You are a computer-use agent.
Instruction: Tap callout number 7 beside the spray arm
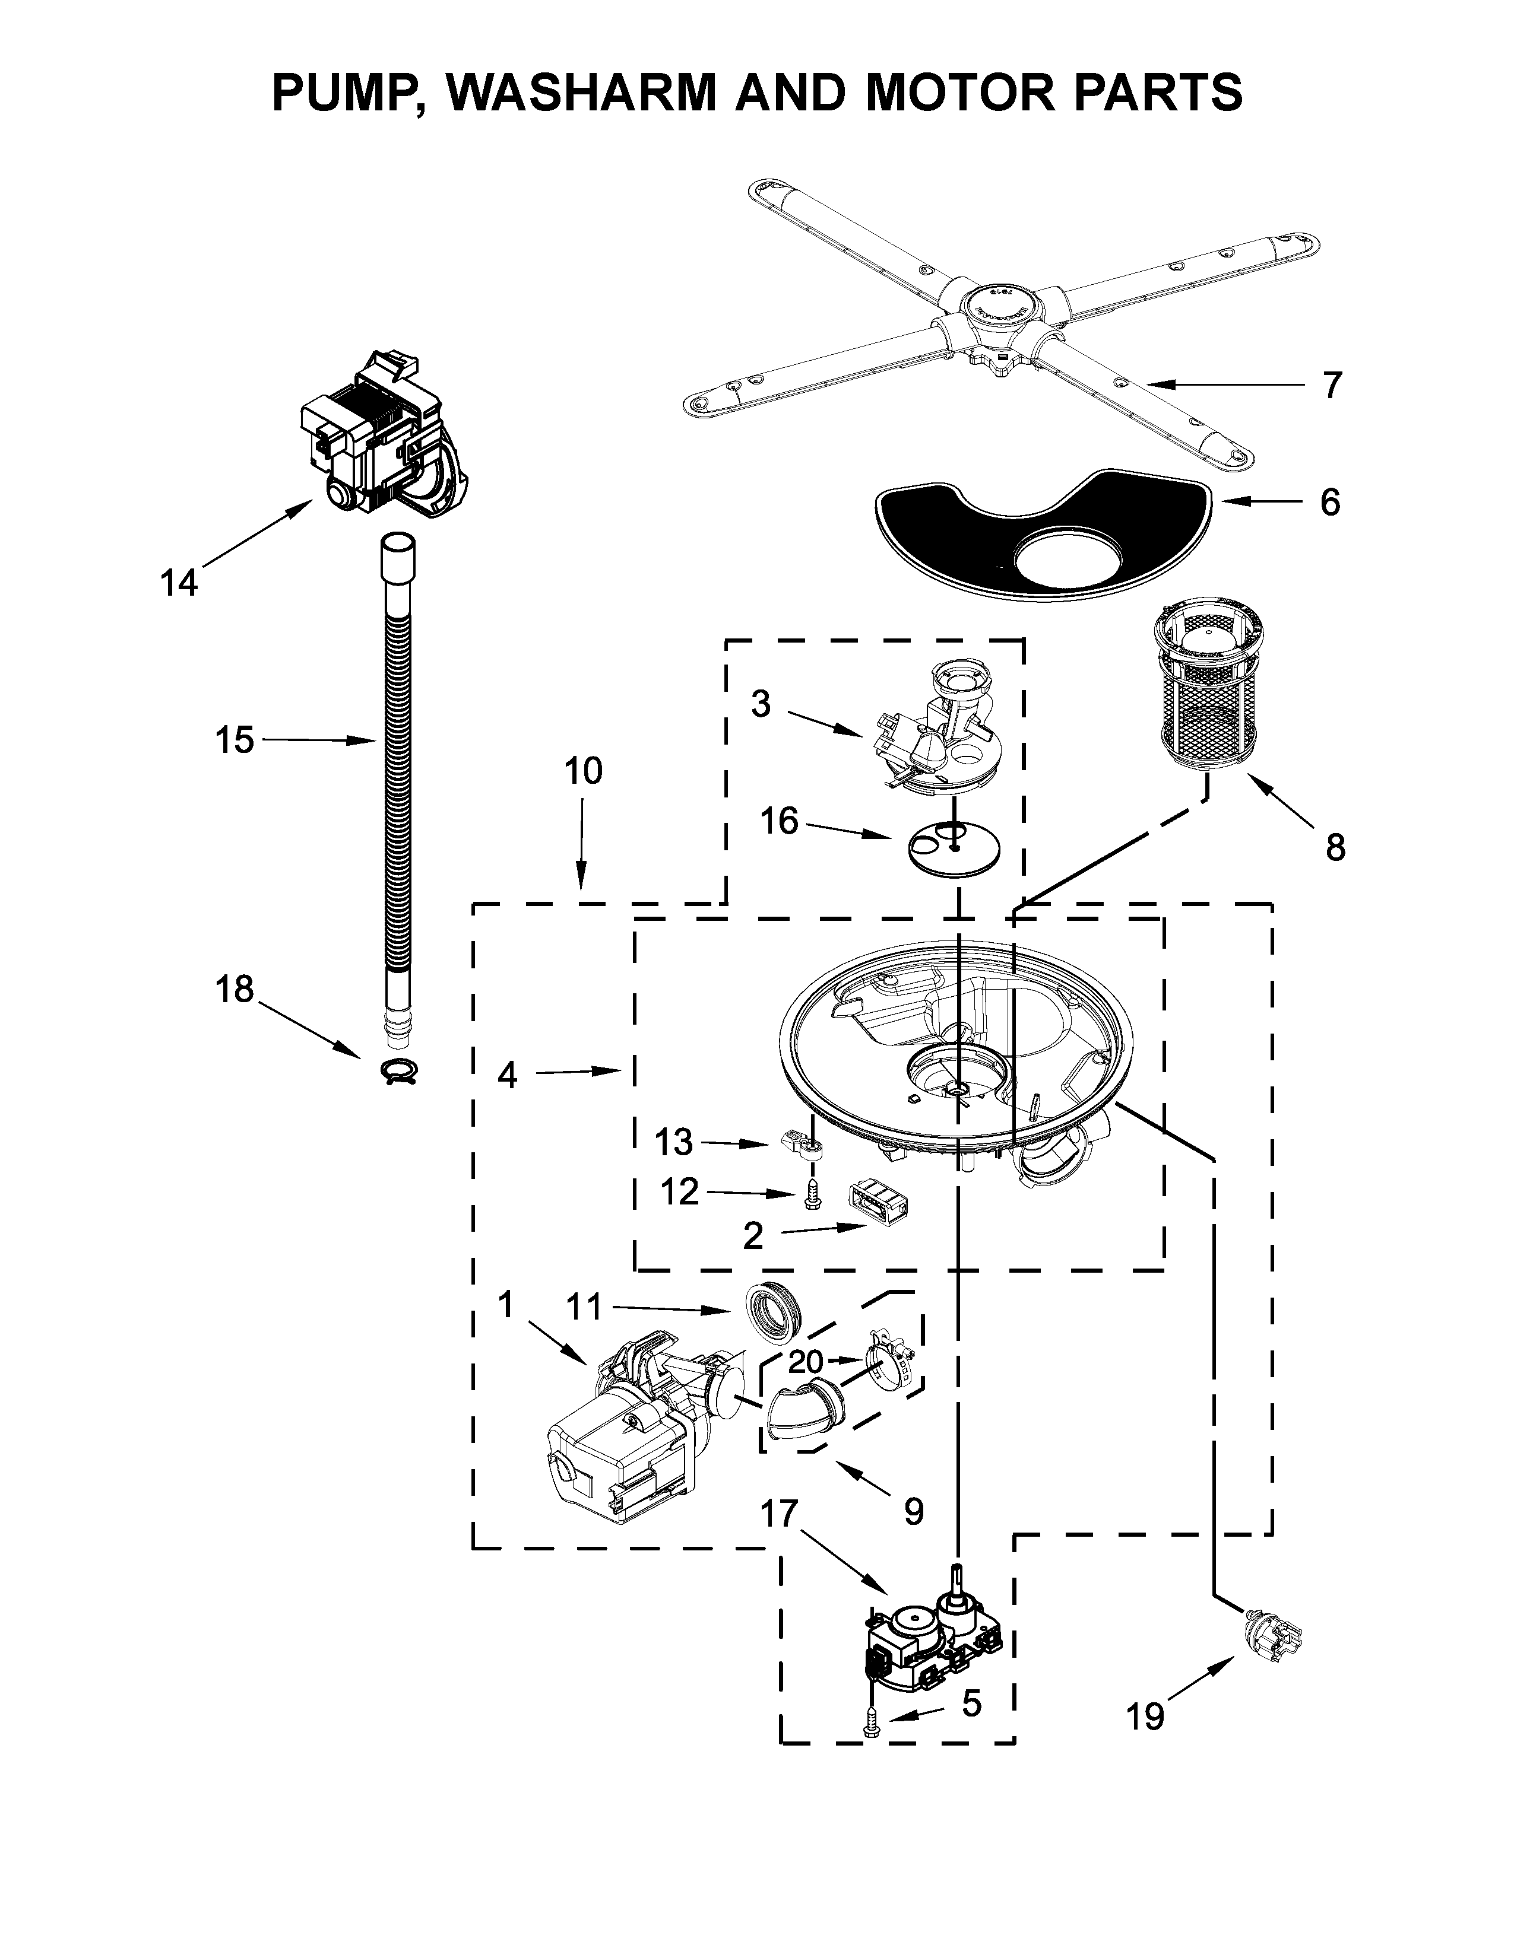[1332, 386]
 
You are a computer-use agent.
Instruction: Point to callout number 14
[179, 584]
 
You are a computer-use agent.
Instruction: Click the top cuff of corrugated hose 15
[398, 558]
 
